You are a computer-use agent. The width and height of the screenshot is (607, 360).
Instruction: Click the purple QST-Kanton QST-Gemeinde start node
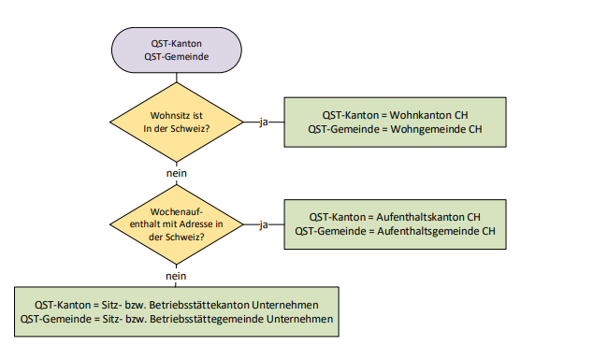pos(177,50)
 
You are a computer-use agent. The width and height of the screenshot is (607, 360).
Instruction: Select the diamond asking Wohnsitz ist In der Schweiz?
pos(177,122)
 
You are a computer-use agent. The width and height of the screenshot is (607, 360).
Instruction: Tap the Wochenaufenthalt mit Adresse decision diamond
pos(177,224)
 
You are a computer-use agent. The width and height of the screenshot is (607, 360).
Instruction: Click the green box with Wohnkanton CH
pos(395,122)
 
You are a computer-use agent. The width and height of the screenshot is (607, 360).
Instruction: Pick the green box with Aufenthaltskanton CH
pos(395,224)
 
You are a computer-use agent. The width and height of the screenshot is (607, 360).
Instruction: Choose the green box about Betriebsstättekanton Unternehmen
pos(177,311)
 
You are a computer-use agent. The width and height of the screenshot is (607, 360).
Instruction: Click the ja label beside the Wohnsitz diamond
pos(264,122)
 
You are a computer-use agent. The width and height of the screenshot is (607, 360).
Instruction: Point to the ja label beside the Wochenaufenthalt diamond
pos(264,224)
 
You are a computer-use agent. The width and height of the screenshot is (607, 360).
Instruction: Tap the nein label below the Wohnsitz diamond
pos(177,173)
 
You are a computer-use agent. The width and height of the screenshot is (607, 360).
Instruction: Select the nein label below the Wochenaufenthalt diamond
pos(176,276)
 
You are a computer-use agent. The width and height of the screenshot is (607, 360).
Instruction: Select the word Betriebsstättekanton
pos(199,305)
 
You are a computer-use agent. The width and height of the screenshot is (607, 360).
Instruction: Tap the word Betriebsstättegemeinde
pos(207,319)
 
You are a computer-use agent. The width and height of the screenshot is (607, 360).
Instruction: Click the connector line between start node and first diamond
pos(177,78)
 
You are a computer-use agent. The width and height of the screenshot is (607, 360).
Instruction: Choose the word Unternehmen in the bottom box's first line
pos(285,305)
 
